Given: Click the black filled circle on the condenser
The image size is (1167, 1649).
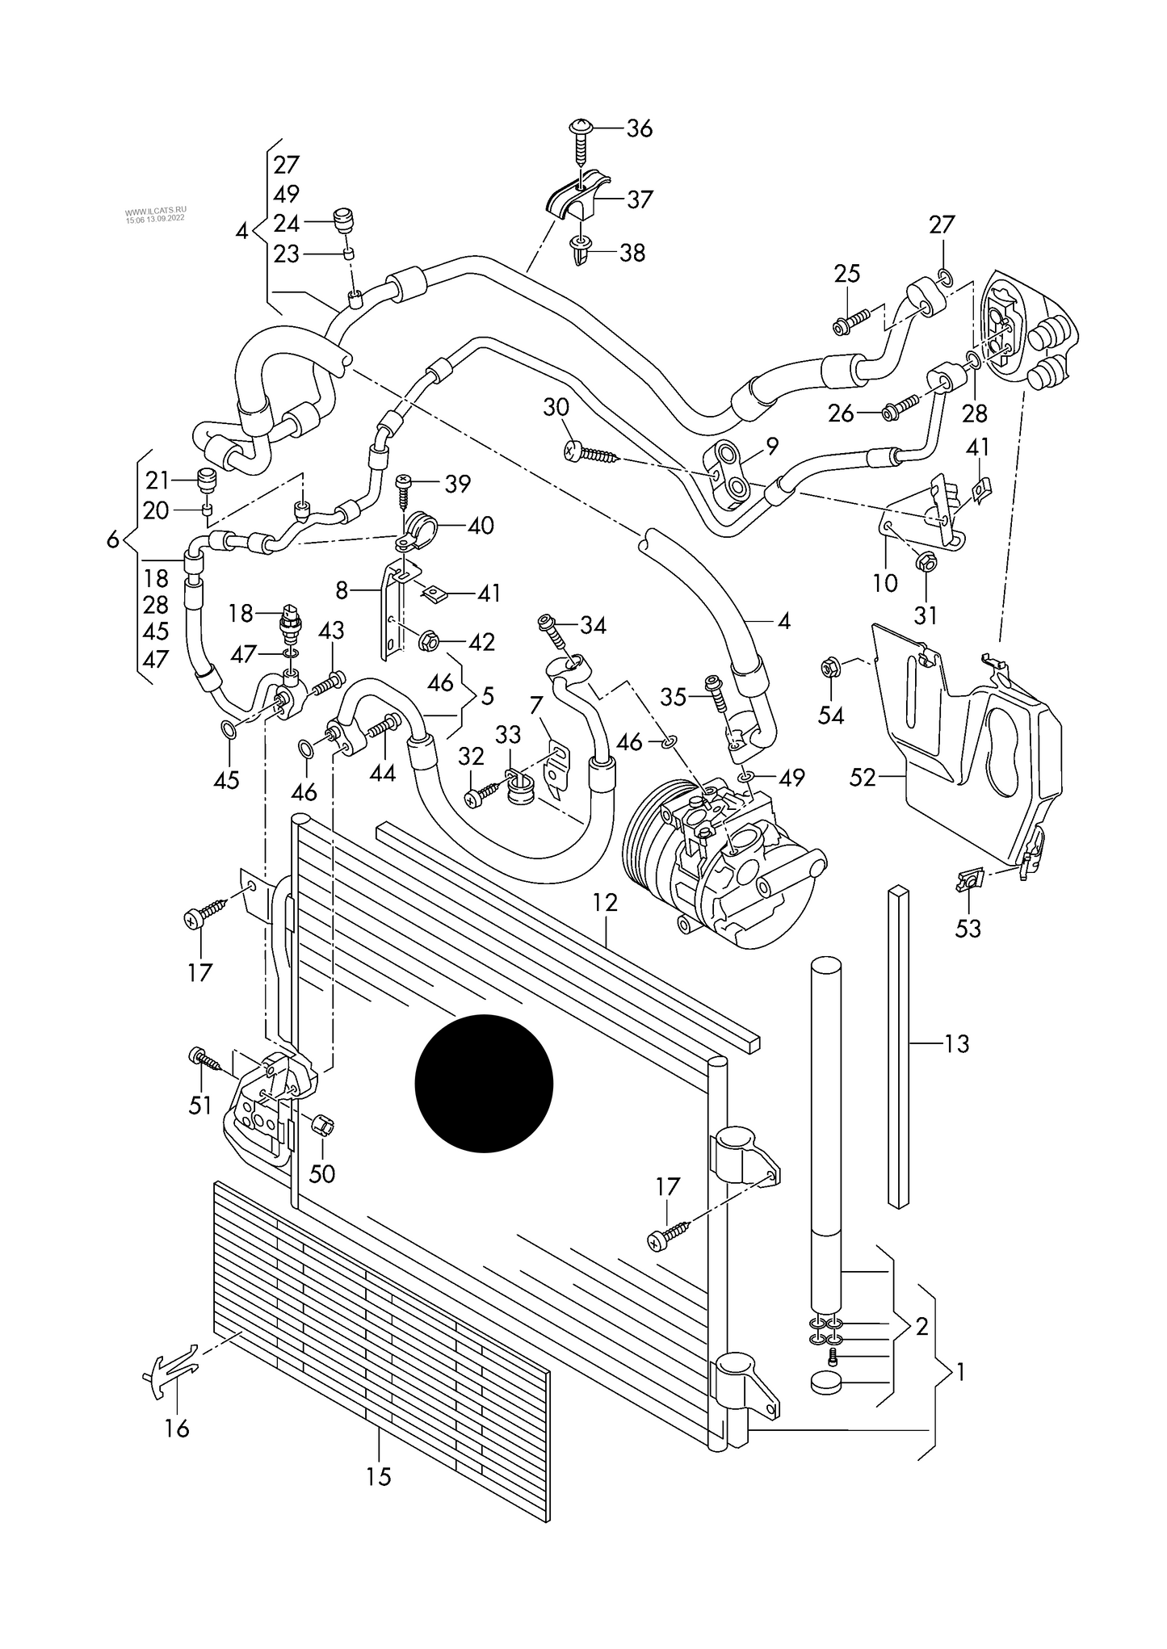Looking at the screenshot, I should (x=484, y=1084).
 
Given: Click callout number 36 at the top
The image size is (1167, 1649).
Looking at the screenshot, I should (x=639, y=128).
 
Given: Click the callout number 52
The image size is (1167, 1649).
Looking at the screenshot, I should (x=863, y=777).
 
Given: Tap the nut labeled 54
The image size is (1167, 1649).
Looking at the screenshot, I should (x=829, y=668).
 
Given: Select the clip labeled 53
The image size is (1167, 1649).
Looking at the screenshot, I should (x=969, y=880).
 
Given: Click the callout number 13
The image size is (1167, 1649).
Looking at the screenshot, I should (x=956, y=1044).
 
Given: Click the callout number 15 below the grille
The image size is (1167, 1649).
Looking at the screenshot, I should (x=378, y=1476).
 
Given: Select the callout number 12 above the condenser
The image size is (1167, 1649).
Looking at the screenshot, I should (x=605, y=902).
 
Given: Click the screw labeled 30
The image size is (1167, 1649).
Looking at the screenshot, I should (x=590, y=455).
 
